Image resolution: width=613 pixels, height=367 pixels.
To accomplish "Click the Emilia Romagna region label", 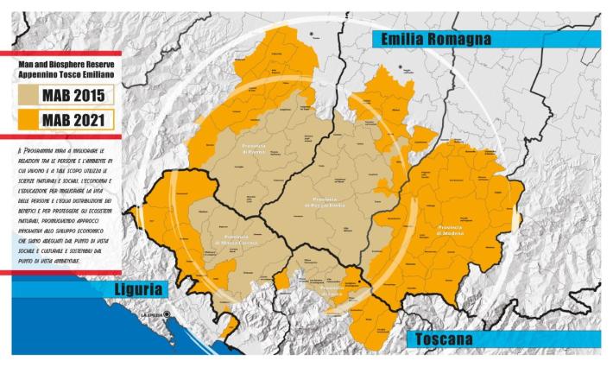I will [432, 39].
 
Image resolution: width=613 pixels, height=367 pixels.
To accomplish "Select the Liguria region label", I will [139, 289].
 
